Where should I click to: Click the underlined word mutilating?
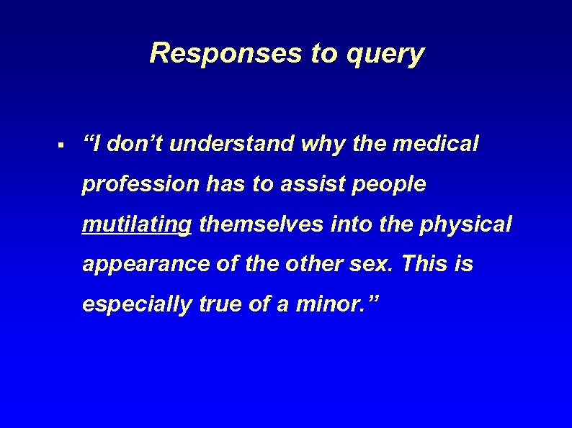coord(137,225)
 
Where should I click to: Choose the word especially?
coord(137,305)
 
